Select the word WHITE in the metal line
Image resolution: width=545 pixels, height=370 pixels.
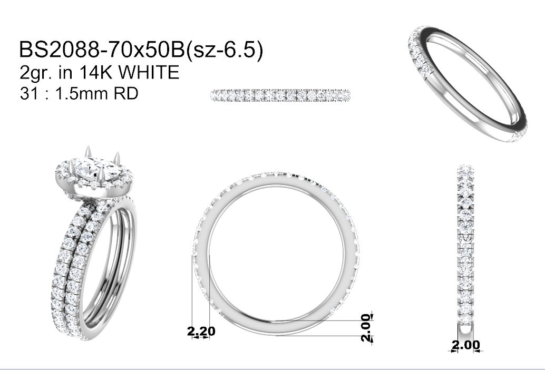(x=149, y=73)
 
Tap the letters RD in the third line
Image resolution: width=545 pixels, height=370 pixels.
(x=126, y=93)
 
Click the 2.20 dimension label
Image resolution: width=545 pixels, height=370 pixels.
(x=201, y=331)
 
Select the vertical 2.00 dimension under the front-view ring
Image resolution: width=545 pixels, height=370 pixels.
(x=366, y=328)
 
